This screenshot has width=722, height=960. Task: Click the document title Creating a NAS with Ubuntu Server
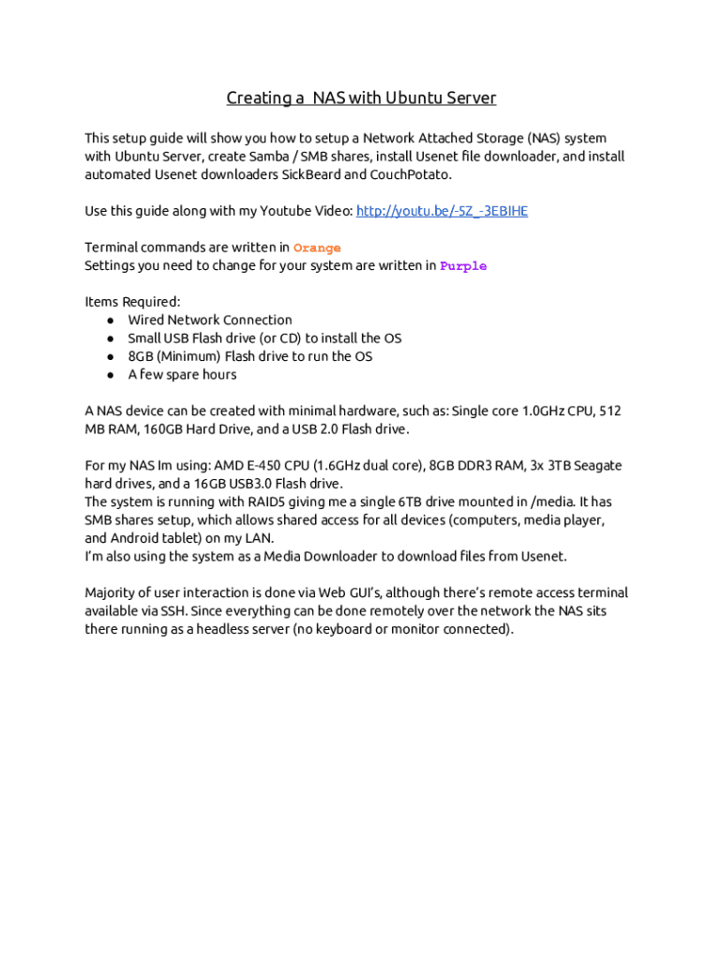point(361,98)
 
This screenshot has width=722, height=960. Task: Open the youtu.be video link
point(442,211)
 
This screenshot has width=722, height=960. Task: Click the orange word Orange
point(317,248)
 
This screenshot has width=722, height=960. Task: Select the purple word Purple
point(463,266)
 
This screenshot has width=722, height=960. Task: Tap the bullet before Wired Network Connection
point(111,321)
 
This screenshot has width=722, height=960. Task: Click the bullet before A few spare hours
point(111,375)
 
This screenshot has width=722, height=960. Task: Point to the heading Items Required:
point(132,302)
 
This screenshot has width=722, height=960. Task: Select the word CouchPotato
point(411,174)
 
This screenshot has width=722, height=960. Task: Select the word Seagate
point(596,466)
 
